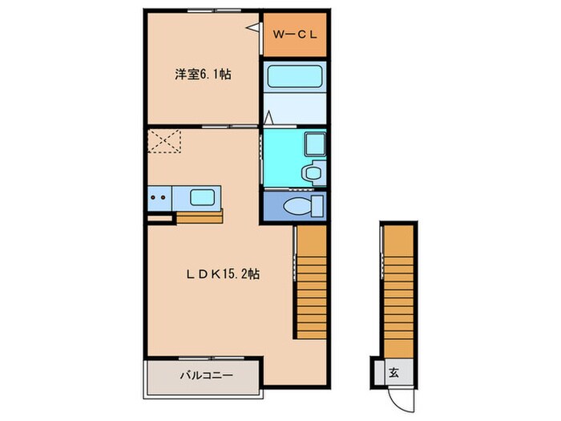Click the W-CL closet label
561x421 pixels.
coord(295,34)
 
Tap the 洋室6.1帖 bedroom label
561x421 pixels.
coord(204,75)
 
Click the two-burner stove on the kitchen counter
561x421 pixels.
coord(159,196)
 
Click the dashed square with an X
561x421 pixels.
coord(166,143)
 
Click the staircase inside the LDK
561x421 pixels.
coord(311,282)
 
